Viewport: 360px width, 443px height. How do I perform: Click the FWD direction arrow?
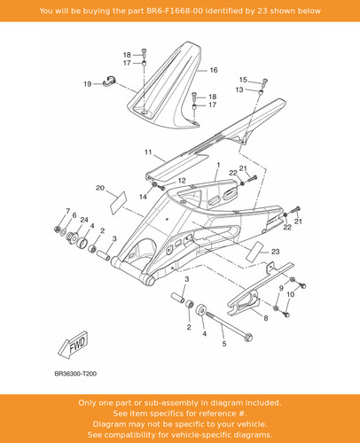(73, 345)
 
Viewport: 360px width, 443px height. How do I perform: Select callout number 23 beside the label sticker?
(275, 252)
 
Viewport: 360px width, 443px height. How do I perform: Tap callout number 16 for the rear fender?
(214, 70)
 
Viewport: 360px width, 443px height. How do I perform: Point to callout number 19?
(88, 84)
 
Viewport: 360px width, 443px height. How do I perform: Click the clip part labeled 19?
(110, 82)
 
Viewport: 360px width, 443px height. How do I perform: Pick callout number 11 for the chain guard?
(148, 152)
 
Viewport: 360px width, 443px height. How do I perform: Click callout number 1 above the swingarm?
(218, 165)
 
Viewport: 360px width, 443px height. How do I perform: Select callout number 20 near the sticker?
(100, 188)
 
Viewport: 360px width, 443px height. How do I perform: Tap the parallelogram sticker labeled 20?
(118, 203)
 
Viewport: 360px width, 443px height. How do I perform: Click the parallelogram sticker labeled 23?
(254, 252)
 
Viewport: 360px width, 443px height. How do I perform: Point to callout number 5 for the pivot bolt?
(224, 344)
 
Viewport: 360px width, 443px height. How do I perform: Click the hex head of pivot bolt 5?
(248, 337)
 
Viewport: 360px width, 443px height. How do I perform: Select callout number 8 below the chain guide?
(266, 318)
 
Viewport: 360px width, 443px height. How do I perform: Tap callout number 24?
(84, 220)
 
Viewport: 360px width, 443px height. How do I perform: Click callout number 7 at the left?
(67, 211)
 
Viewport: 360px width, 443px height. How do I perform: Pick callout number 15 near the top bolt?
(243, 80)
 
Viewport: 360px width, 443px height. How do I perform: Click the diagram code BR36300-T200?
(75, 374)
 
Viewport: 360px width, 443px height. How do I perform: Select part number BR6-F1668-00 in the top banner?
(175, 11)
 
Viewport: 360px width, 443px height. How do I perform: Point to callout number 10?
(291, 294)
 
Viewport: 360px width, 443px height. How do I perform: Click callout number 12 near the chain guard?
(182, 181)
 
